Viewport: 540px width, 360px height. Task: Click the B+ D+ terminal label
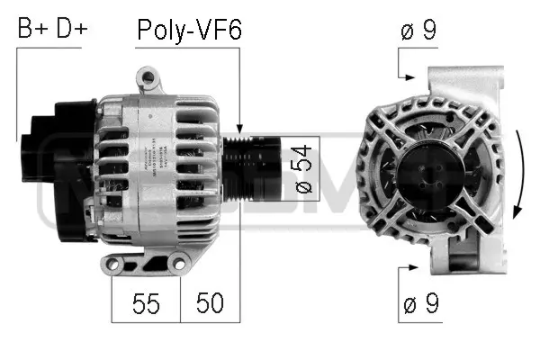pos(52,30)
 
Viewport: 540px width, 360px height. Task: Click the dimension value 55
pos(146,303)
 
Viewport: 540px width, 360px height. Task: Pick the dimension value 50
pos(210,303)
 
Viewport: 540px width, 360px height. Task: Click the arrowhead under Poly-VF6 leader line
pos(239,131)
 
